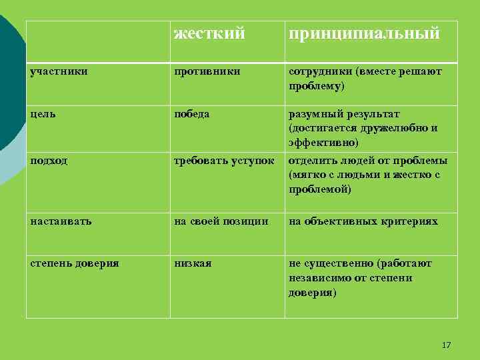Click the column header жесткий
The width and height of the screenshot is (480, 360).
click(x=209, y=33)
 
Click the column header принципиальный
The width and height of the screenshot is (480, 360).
click(x=364, y=33)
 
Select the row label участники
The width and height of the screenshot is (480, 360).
click(x=59, y=71)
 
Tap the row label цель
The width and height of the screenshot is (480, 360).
click(x=42, y=114)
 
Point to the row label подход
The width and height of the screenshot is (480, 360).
click(x=49, y=161)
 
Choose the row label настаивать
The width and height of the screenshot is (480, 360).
click(x=61, y=221)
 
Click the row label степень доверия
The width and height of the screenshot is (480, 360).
click(x=75, y=263)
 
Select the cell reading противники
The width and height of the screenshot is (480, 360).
click(x=207, y=71)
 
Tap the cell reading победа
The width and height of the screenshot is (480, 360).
click(x=192, y=114)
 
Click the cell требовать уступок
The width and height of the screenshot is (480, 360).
click(x=224, y=161)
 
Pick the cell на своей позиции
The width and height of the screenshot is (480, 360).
click(x=221, y=221)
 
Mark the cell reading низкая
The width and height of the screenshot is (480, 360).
click(x=193, y=263)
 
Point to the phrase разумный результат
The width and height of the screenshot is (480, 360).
click(x=344, y=114)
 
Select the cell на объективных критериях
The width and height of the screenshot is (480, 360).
click(x=363, y=221)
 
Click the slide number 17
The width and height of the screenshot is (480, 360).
click(x=446, y=345)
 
